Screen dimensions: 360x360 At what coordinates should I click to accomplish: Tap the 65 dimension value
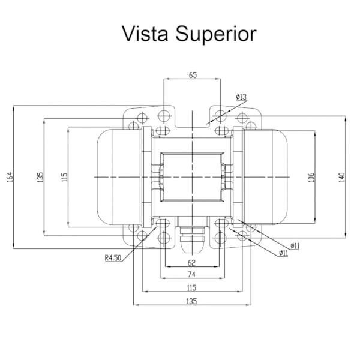[x=193, y=75]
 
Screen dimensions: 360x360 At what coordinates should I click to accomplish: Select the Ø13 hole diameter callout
[x=242, y=97]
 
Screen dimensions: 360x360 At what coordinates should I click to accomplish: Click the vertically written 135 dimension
[x=40, y=178]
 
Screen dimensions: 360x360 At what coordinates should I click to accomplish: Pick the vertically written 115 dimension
[x=64, y=178]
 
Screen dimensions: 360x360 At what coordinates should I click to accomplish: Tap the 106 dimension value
[x=311, y=178]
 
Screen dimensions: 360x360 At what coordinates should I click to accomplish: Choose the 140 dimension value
[x=341, y=178]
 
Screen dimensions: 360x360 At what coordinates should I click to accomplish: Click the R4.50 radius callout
[x=113, y=259]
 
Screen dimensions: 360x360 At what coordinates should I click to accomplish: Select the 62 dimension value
[x=192, y=262]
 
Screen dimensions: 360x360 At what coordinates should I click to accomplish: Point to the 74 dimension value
[x=192, y=275]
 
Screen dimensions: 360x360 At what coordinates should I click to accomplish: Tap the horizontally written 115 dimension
[x=192, y=287]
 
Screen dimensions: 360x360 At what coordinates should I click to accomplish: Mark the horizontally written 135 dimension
[x=192, y=301]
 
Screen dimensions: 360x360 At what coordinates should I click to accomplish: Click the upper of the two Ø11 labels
[x=295, y=245]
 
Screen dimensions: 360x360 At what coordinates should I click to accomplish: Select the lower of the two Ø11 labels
[x=283, y=253]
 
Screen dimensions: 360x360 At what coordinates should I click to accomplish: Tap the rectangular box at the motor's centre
[x=192, y=177]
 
